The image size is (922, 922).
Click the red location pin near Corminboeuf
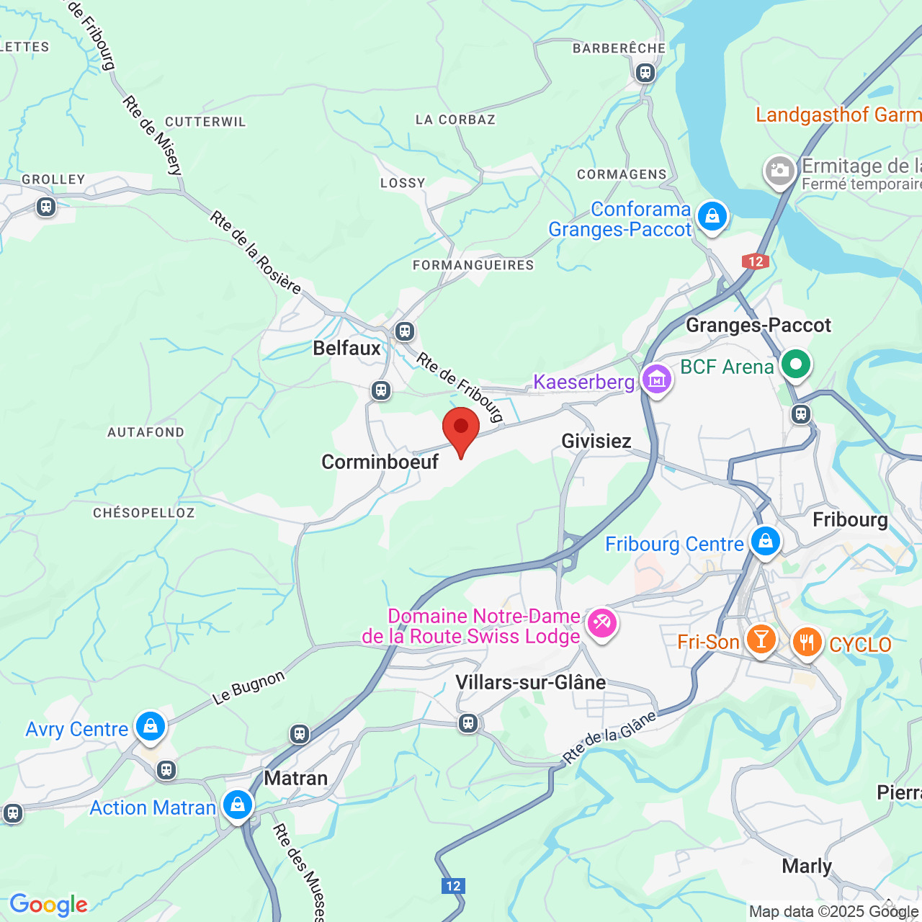461,429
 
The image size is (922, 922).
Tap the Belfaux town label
346,349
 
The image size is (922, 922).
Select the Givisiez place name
596,441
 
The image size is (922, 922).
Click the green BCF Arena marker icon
795,364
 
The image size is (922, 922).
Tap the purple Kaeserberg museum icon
656,379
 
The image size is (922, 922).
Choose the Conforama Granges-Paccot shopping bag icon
712,216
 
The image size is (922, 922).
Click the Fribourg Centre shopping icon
765,541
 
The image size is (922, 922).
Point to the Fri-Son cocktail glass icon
761,639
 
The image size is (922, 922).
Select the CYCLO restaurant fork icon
807,641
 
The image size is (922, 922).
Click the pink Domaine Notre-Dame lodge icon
601,622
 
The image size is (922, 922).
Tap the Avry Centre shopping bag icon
151,726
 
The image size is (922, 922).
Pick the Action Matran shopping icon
237,805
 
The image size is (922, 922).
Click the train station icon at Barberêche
645,73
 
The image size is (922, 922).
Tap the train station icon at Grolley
46,207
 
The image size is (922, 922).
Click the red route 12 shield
756,261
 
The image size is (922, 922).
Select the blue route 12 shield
453,886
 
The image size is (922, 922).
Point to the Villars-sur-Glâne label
530,682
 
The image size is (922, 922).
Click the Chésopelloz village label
144,513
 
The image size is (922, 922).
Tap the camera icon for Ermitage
779,171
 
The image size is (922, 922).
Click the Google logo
49,905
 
